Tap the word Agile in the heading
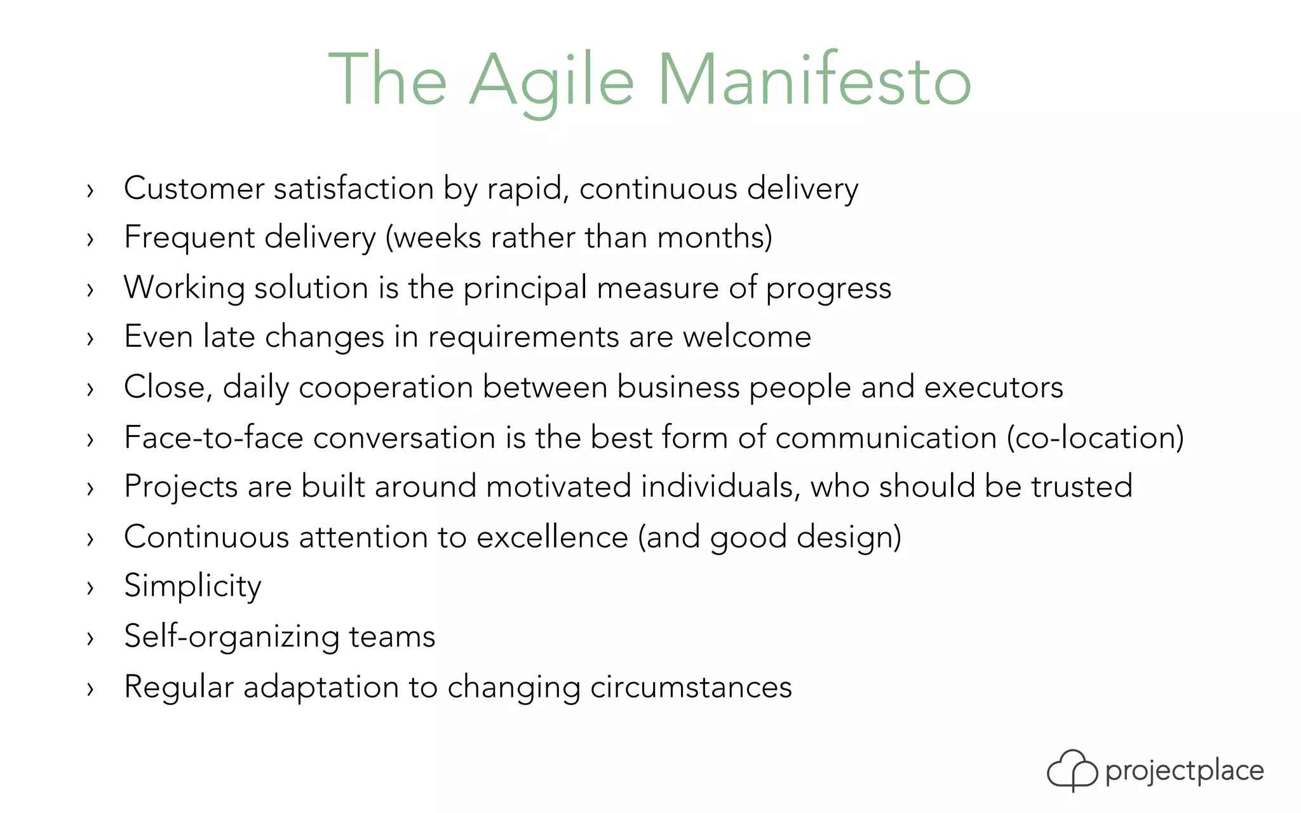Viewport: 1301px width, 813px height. coord(551,81)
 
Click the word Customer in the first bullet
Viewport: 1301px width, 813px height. coord(194,189)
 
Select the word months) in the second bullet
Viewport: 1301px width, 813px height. coord(715,238)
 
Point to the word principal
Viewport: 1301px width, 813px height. coord(525,288)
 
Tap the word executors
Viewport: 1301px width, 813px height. coord(994,387)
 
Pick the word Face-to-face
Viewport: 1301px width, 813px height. coord(213,438)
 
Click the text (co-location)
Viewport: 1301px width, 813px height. coord(1095,438)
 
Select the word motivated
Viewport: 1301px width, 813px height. coord(558,487)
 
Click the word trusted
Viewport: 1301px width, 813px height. coord(1081,487)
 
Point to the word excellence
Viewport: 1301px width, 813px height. coord(552,537)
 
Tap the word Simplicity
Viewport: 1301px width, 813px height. coord(192,586)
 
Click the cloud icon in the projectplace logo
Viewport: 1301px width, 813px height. coord(1072,770)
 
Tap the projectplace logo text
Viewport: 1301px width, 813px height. coord(1184,771)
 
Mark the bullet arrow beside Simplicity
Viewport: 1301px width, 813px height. coord(90,588)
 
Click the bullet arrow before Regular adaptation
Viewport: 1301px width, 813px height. coord(90,688)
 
